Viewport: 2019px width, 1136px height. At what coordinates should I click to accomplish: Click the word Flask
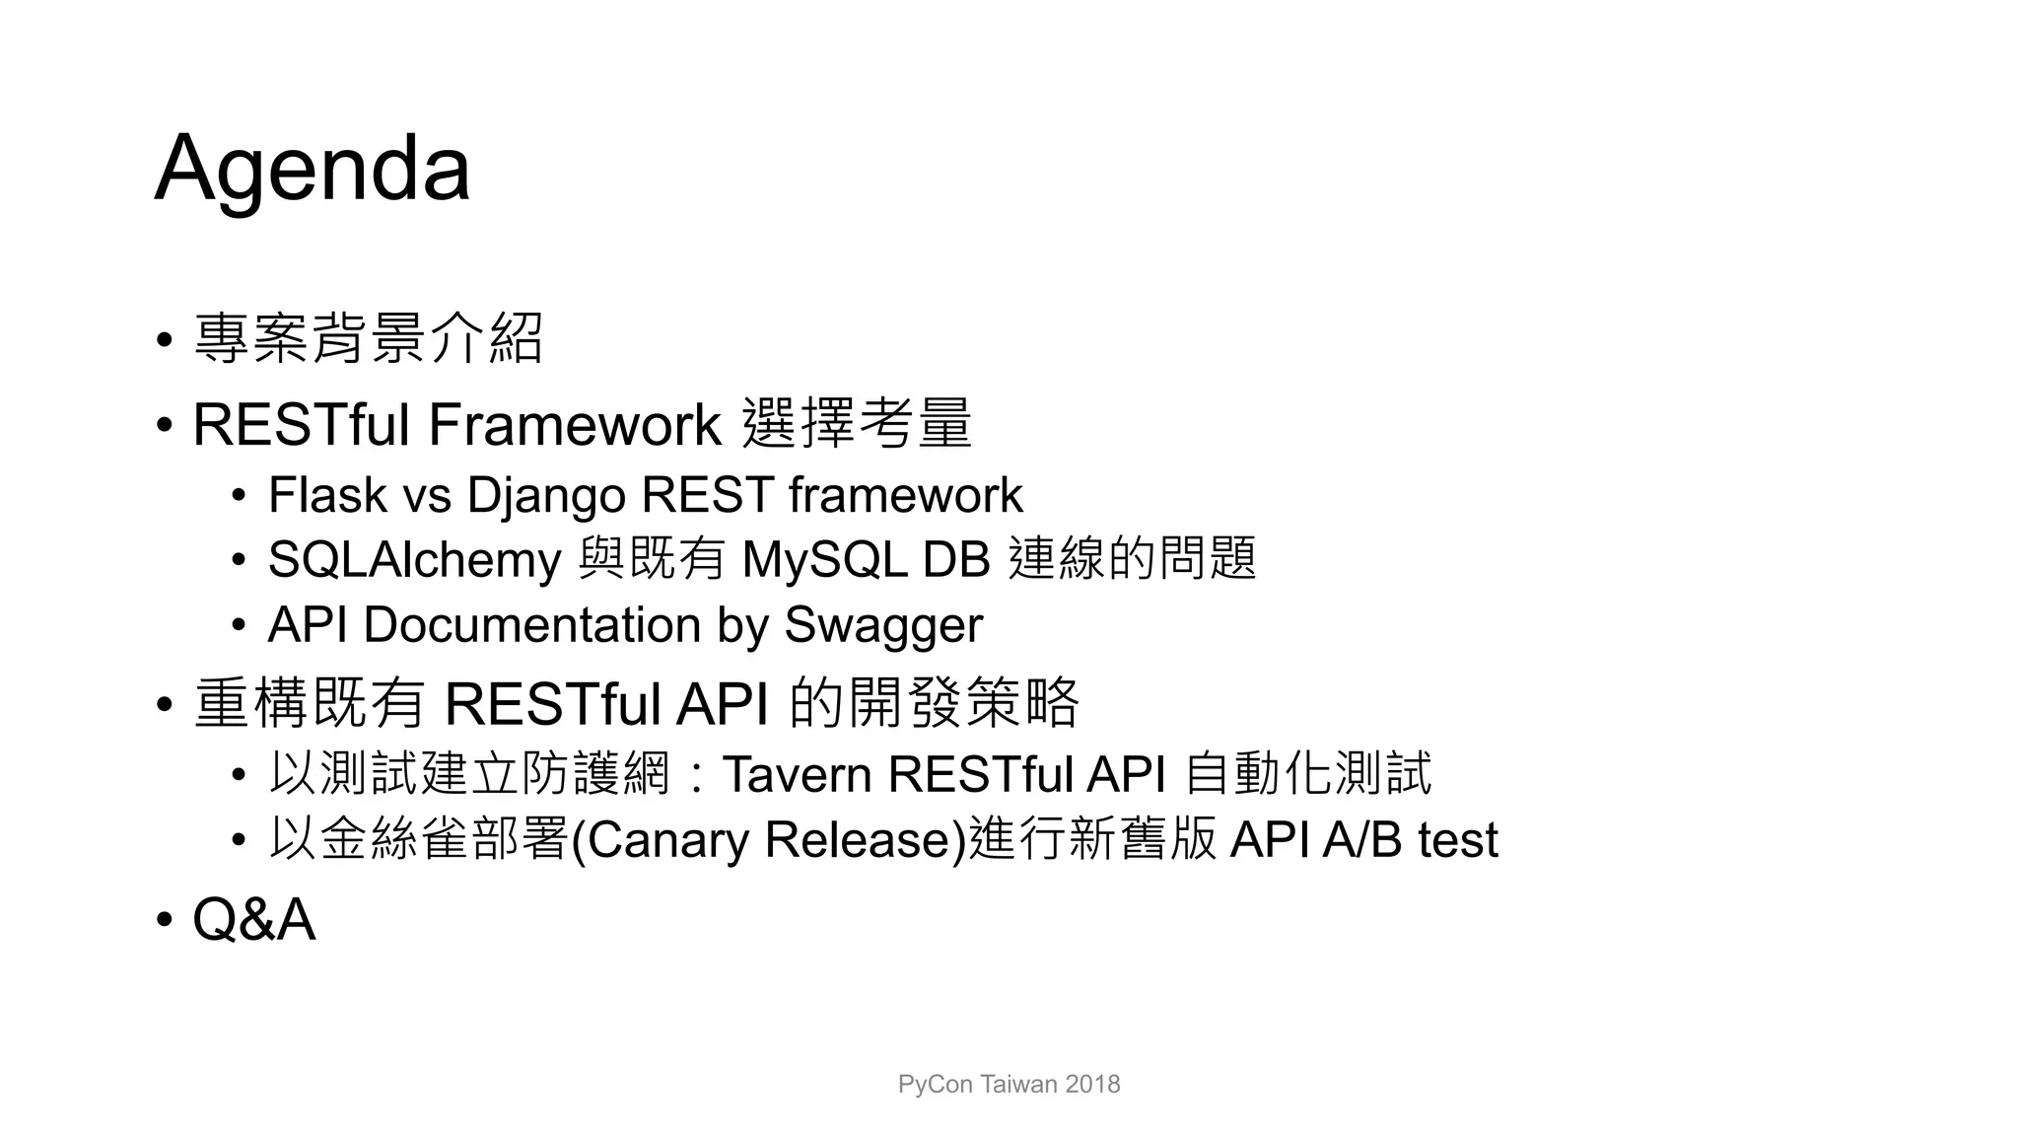click(x=326, y=495)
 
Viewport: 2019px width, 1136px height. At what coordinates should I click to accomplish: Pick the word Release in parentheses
click(x=857, y=840)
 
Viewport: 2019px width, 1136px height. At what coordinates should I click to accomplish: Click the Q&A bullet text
click(x=253, y=920)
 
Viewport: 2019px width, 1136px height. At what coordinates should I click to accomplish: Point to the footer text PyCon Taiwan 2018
click(x=1009, y=1085)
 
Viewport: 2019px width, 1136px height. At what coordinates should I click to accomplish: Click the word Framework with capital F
click(x=574, y=425)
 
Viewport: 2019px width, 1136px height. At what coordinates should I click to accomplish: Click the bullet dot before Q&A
click(x=164, y=921)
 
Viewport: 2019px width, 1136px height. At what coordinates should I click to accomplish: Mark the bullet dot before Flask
click(x=239, y=496)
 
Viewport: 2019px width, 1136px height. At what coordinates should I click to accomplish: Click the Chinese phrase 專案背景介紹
click(x=368, y=338)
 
